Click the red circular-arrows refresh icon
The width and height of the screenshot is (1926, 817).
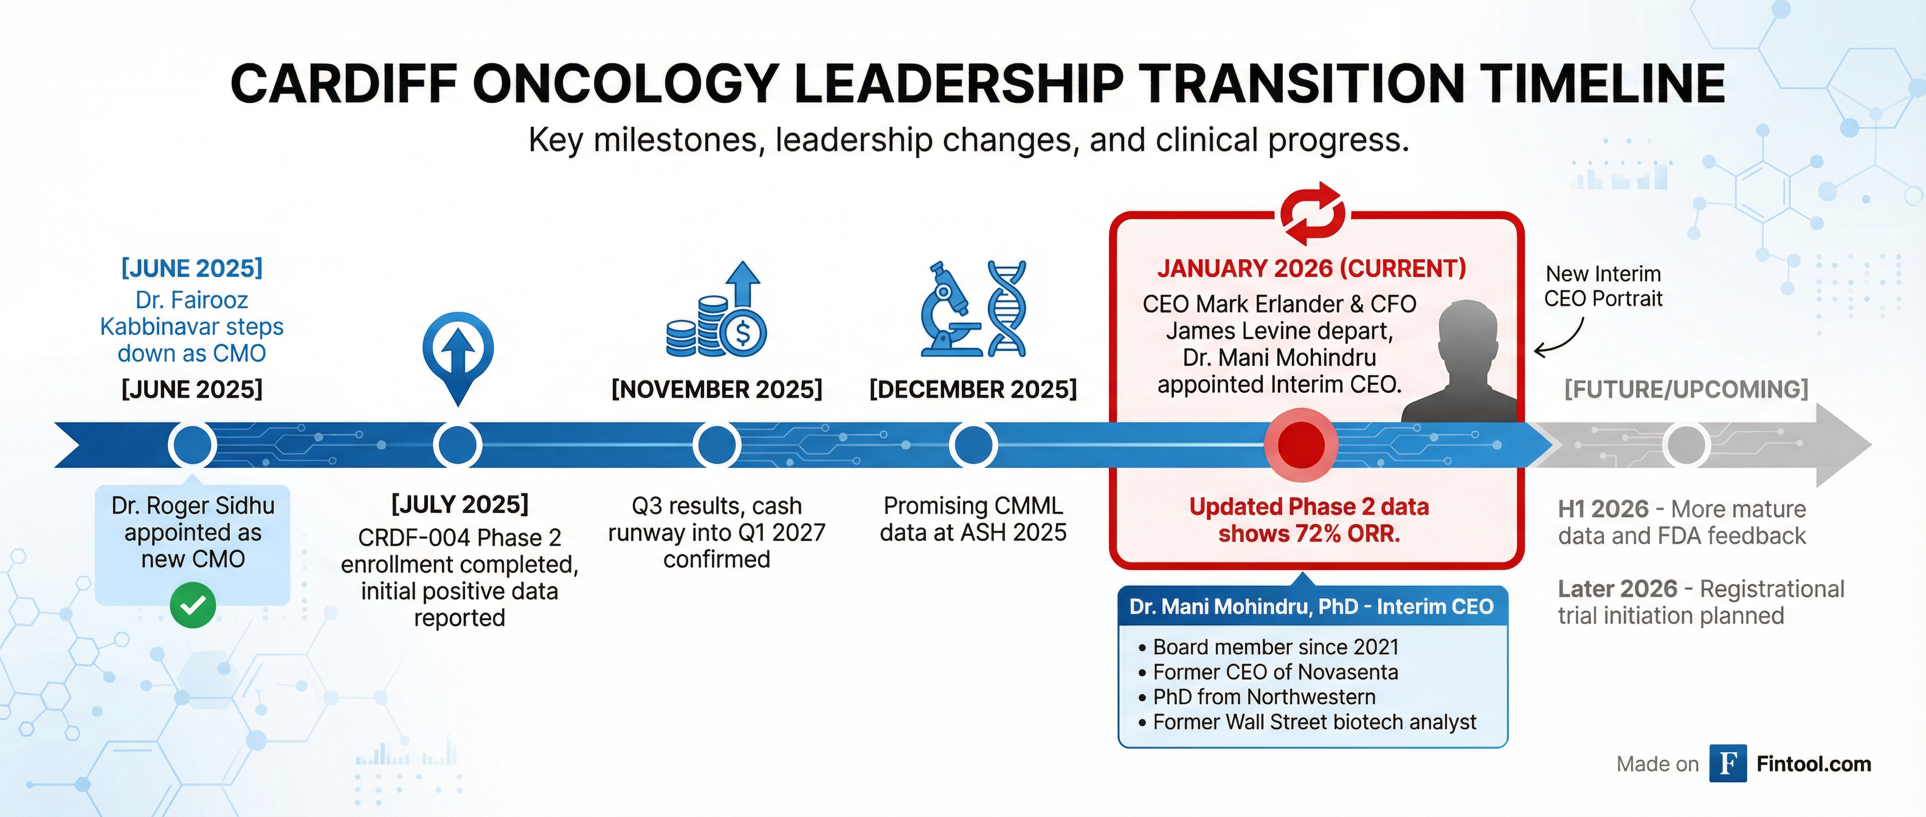[1312, 214]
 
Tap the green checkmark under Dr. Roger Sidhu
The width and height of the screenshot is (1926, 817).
[192, 605]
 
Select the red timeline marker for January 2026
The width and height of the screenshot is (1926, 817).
[1302, 445]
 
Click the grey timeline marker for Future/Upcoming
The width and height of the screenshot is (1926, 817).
[1685, 445]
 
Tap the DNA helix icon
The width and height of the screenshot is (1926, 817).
[1007, 309]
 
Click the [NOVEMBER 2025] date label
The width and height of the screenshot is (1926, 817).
[716, 390]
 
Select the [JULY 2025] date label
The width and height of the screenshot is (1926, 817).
[459, 505]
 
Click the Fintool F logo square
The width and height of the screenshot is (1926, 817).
[1727, 763]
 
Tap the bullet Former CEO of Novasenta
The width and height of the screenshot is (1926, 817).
[1275, 672]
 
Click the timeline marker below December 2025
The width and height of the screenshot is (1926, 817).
[973, 445]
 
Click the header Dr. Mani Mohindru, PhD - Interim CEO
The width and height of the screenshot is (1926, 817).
[1311, 606]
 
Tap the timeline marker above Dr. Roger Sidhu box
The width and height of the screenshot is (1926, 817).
[192, 445]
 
